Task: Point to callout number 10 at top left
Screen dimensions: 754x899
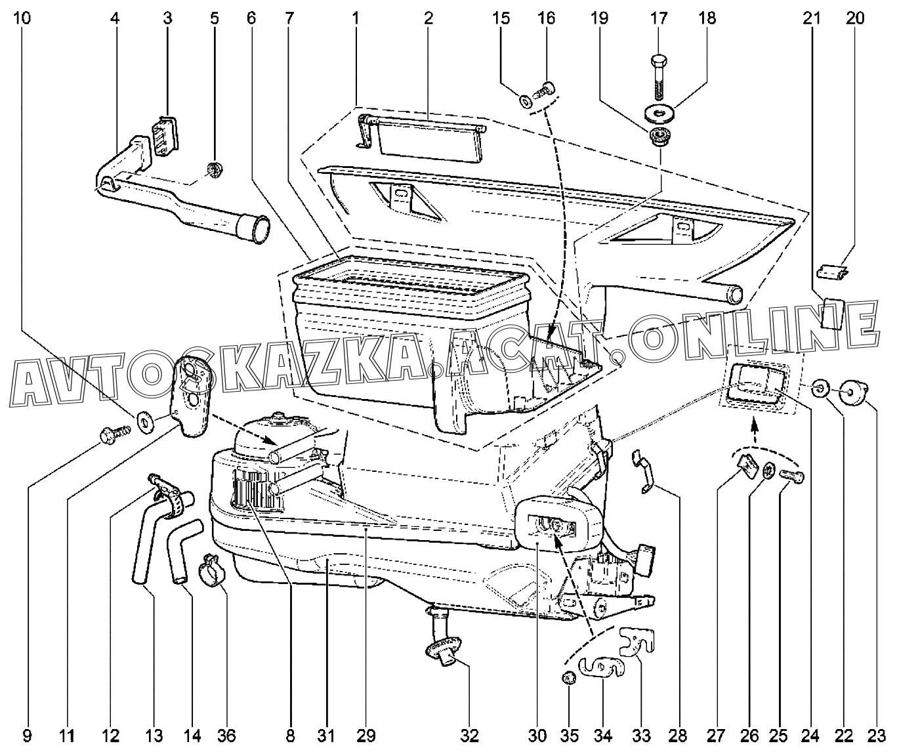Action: (22, 18)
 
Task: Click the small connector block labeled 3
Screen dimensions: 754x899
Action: (163, 135)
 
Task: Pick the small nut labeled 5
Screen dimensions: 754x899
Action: (212, 169)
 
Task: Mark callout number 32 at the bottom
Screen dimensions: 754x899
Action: (470, 736)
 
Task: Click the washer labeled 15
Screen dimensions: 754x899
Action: (526, 102)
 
